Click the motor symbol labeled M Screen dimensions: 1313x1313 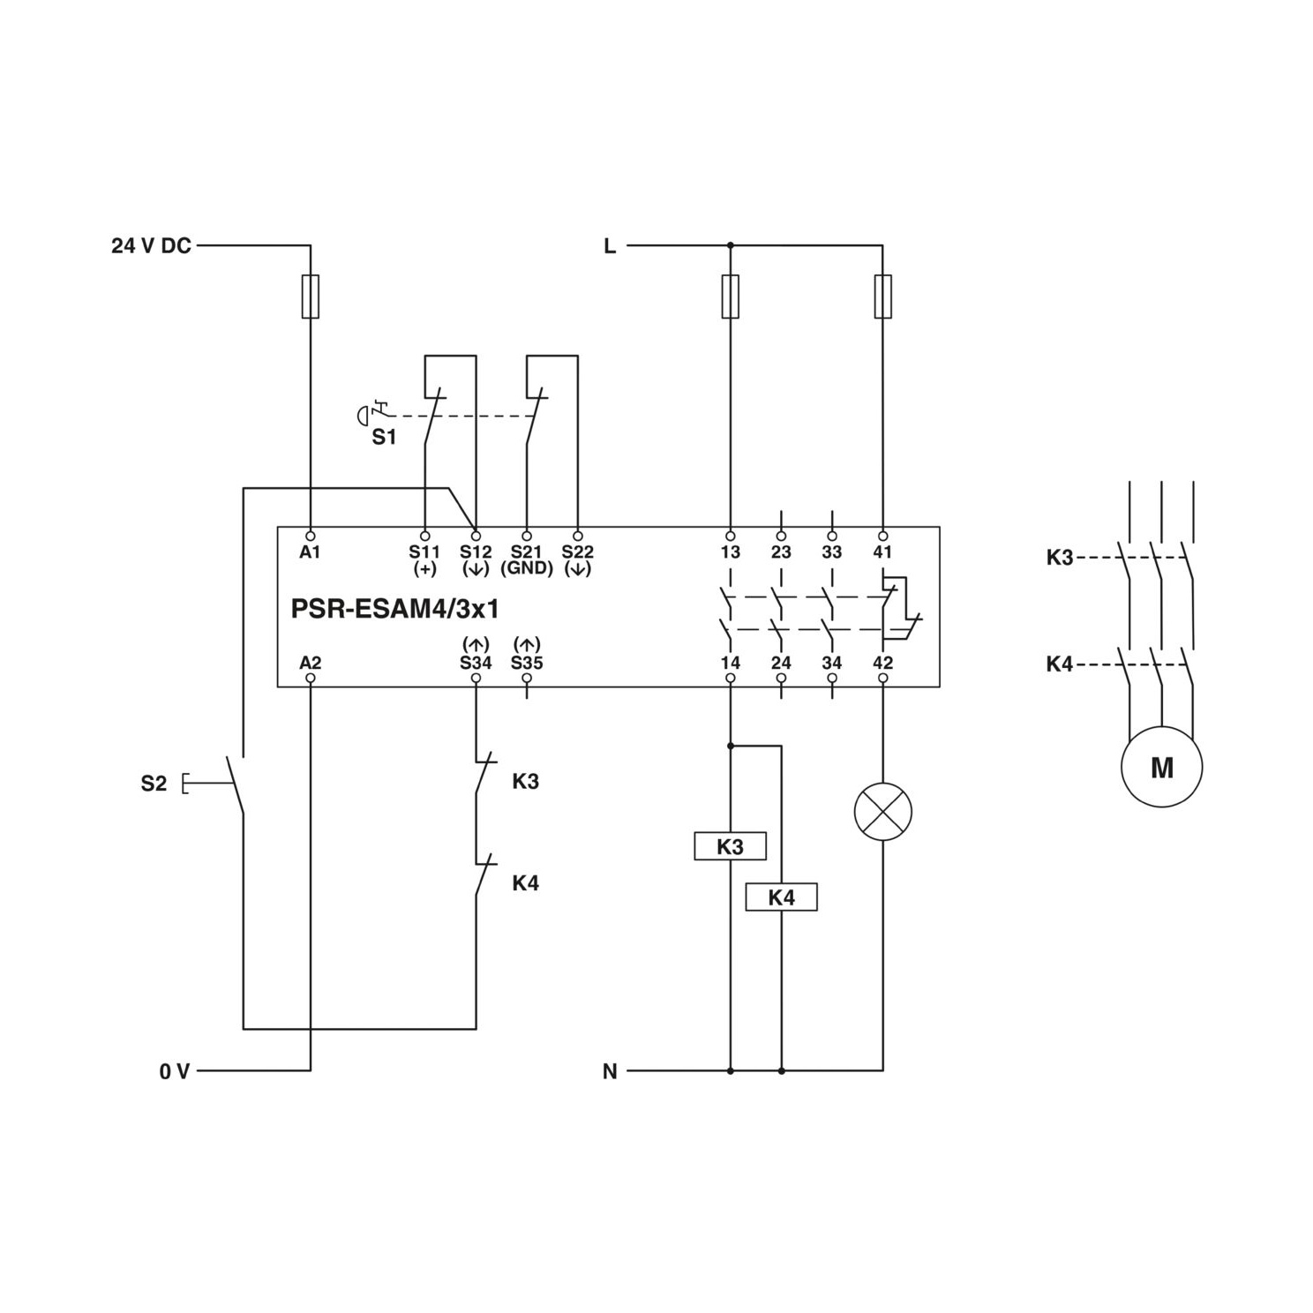[x=1161, y=766]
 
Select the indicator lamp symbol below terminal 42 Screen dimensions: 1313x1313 [x=883, y=811]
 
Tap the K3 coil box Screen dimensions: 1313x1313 [x=730, y=846]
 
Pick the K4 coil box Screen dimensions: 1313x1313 [x=782, y=897]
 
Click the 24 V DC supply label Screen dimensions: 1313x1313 [x=151, y=246]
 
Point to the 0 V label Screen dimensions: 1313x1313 [x=175, y=1071]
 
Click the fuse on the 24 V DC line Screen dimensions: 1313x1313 [x=311, y=296]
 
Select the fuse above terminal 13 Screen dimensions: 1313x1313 [x=730, y=296]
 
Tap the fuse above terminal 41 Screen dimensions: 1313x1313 [x=883, y=296]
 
